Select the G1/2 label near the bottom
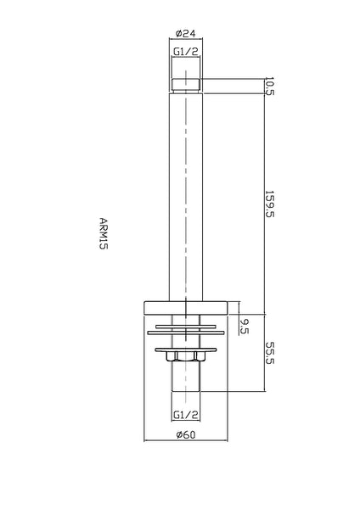click(185, 415)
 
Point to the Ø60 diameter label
click(186, 435)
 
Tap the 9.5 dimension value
click(245, 325)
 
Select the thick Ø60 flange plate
click(185, 309)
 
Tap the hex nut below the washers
click(185, 359)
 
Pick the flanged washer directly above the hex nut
click(185, 347)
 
